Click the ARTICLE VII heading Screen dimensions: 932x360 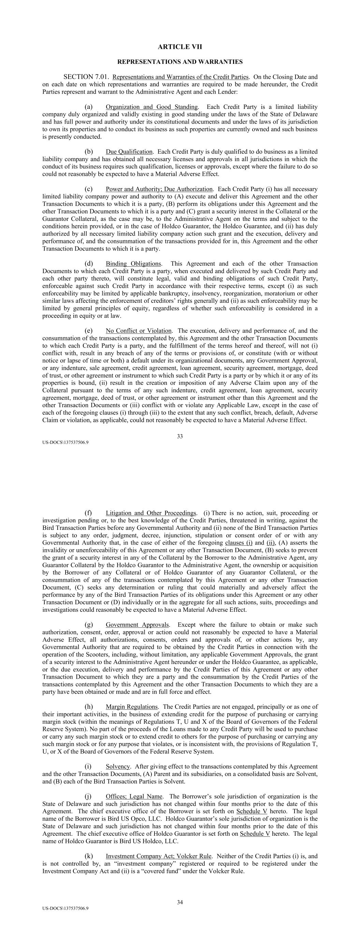(x=180, y=47)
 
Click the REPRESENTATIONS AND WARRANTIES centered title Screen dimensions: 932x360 (x=180, y=62)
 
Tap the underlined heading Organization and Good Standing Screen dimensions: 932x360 (x=152, y=107)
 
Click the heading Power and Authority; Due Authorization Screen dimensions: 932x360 (x=159, y=189)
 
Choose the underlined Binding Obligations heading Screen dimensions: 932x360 (x=133, y=264)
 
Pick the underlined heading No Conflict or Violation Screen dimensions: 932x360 (x=139, y=331)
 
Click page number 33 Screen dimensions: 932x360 (x=180, y=436)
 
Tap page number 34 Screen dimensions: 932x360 (x=180, y=902)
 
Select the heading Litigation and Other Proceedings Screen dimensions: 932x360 (x=151, y=513)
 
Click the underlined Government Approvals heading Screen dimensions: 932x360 (x=137, y=625)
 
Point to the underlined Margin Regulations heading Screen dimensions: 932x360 (x=132, y=707)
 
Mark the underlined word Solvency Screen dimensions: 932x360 (x=118, y=767)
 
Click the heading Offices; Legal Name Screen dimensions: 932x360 (x=134, y=796)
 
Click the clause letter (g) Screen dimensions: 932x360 (x=88, y=625)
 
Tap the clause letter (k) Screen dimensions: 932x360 (x=88, y=856)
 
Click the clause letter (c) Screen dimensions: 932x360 (x=88, y=189)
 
